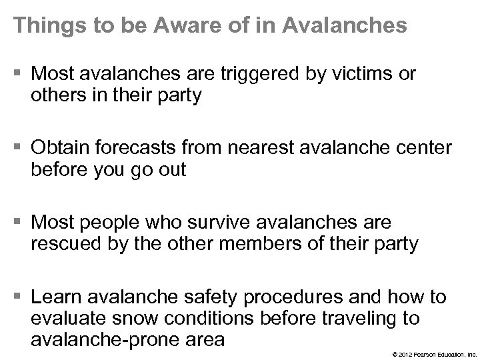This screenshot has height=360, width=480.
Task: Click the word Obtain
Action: click(61, 148)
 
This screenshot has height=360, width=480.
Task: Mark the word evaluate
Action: click(65, 319)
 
